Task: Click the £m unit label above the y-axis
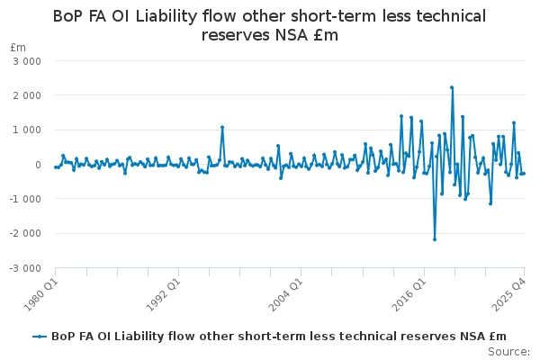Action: pos(17,47)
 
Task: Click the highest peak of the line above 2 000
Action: pos(452,87)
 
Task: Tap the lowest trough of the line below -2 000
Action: pos(435,239)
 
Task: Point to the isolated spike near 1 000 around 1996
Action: pos(221,127)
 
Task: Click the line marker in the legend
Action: pos(39,336)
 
